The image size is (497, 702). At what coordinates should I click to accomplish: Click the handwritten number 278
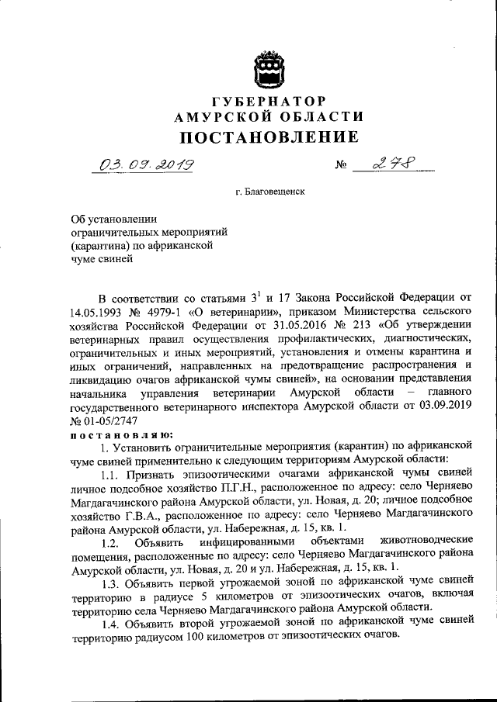pyautogui.click(x=393, y=164)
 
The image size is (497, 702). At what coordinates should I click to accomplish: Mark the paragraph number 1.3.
pyautogui.click(x=112, y=583)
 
